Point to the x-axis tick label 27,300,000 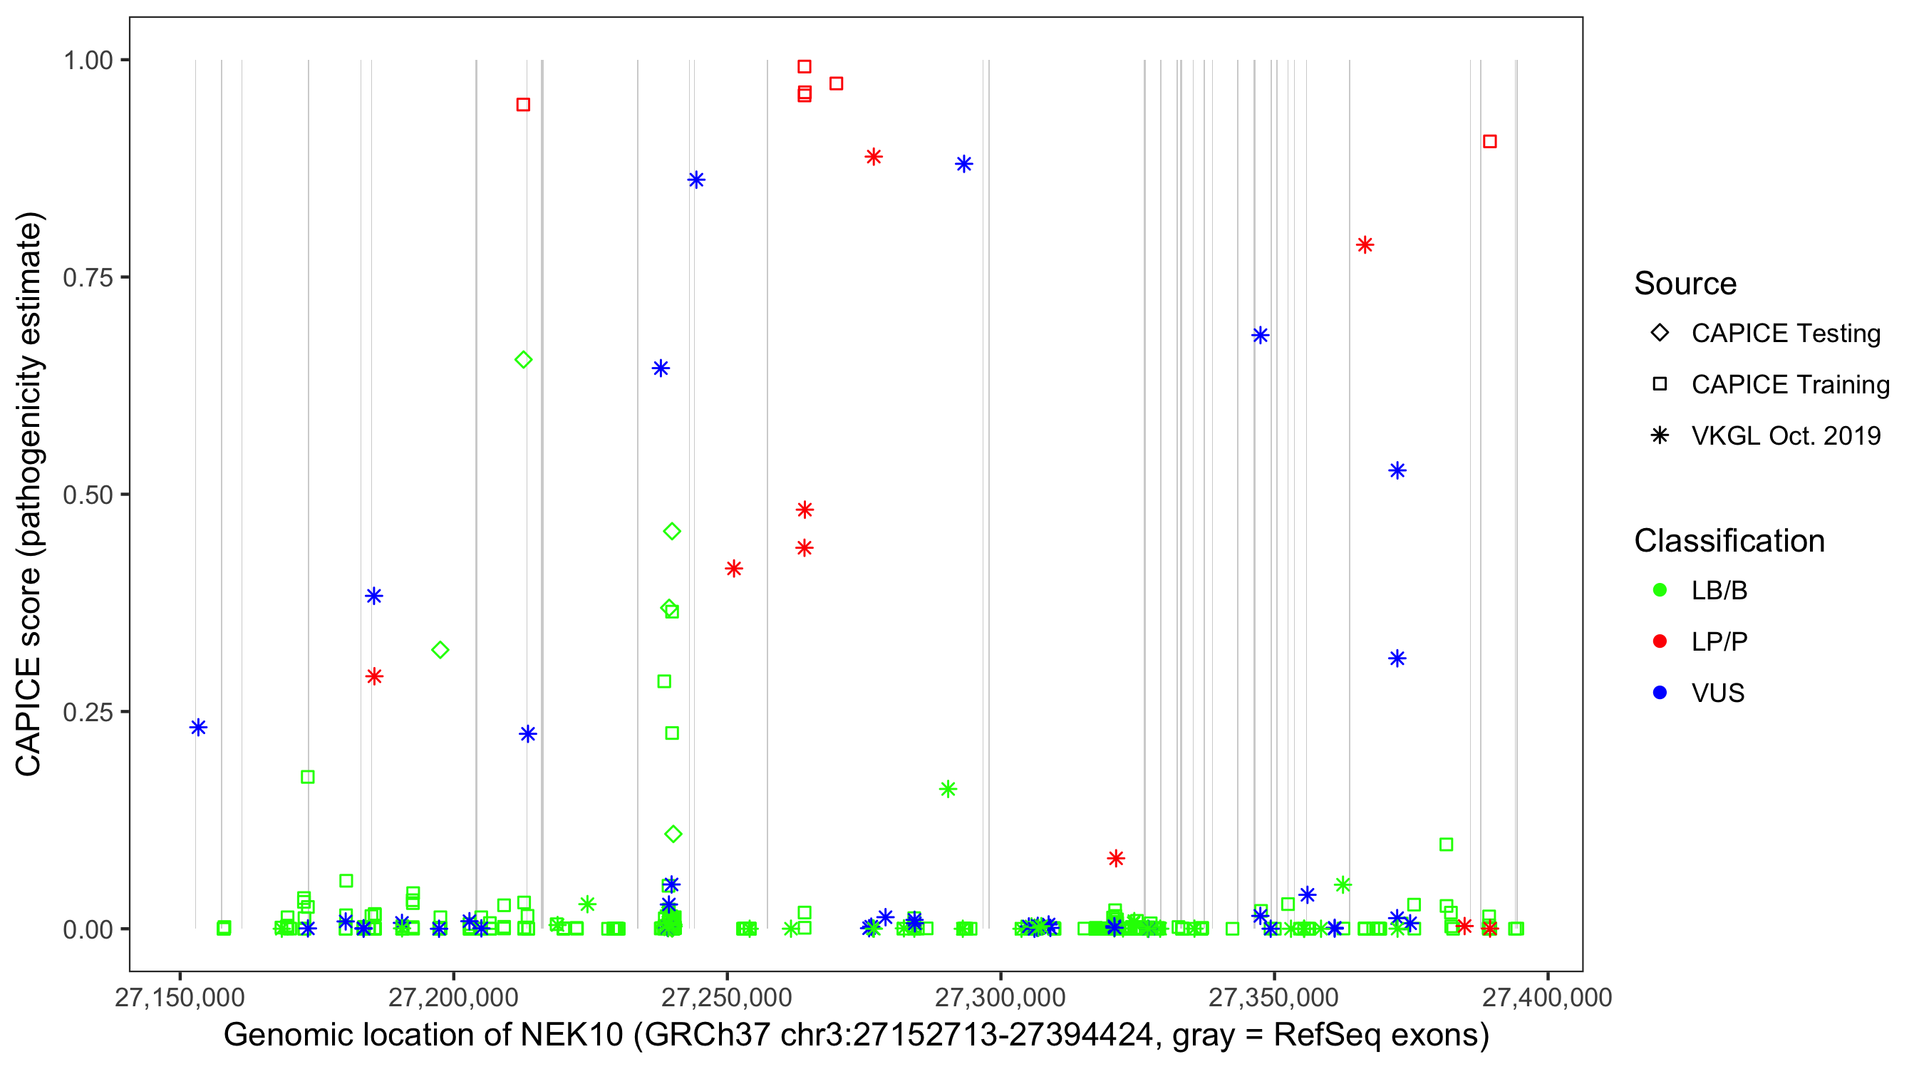point(1000,997)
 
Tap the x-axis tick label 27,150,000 point(180,997)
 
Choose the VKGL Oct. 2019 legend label point(1786,435)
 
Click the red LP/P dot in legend point(1660,641)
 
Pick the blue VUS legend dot point(1660,693)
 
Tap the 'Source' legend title point(1685,284)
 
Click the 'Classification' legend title point(1729,541)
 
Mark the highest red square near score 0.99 point(805,66)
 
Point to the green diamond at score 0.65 point(524,360)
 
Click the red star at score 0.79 point(1365,245)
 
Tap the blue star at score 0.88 point(963,165)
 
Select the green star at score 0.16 point(948,789)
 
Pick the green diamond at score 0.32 point(440,650)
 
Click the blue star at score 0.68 point(1260,336)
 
